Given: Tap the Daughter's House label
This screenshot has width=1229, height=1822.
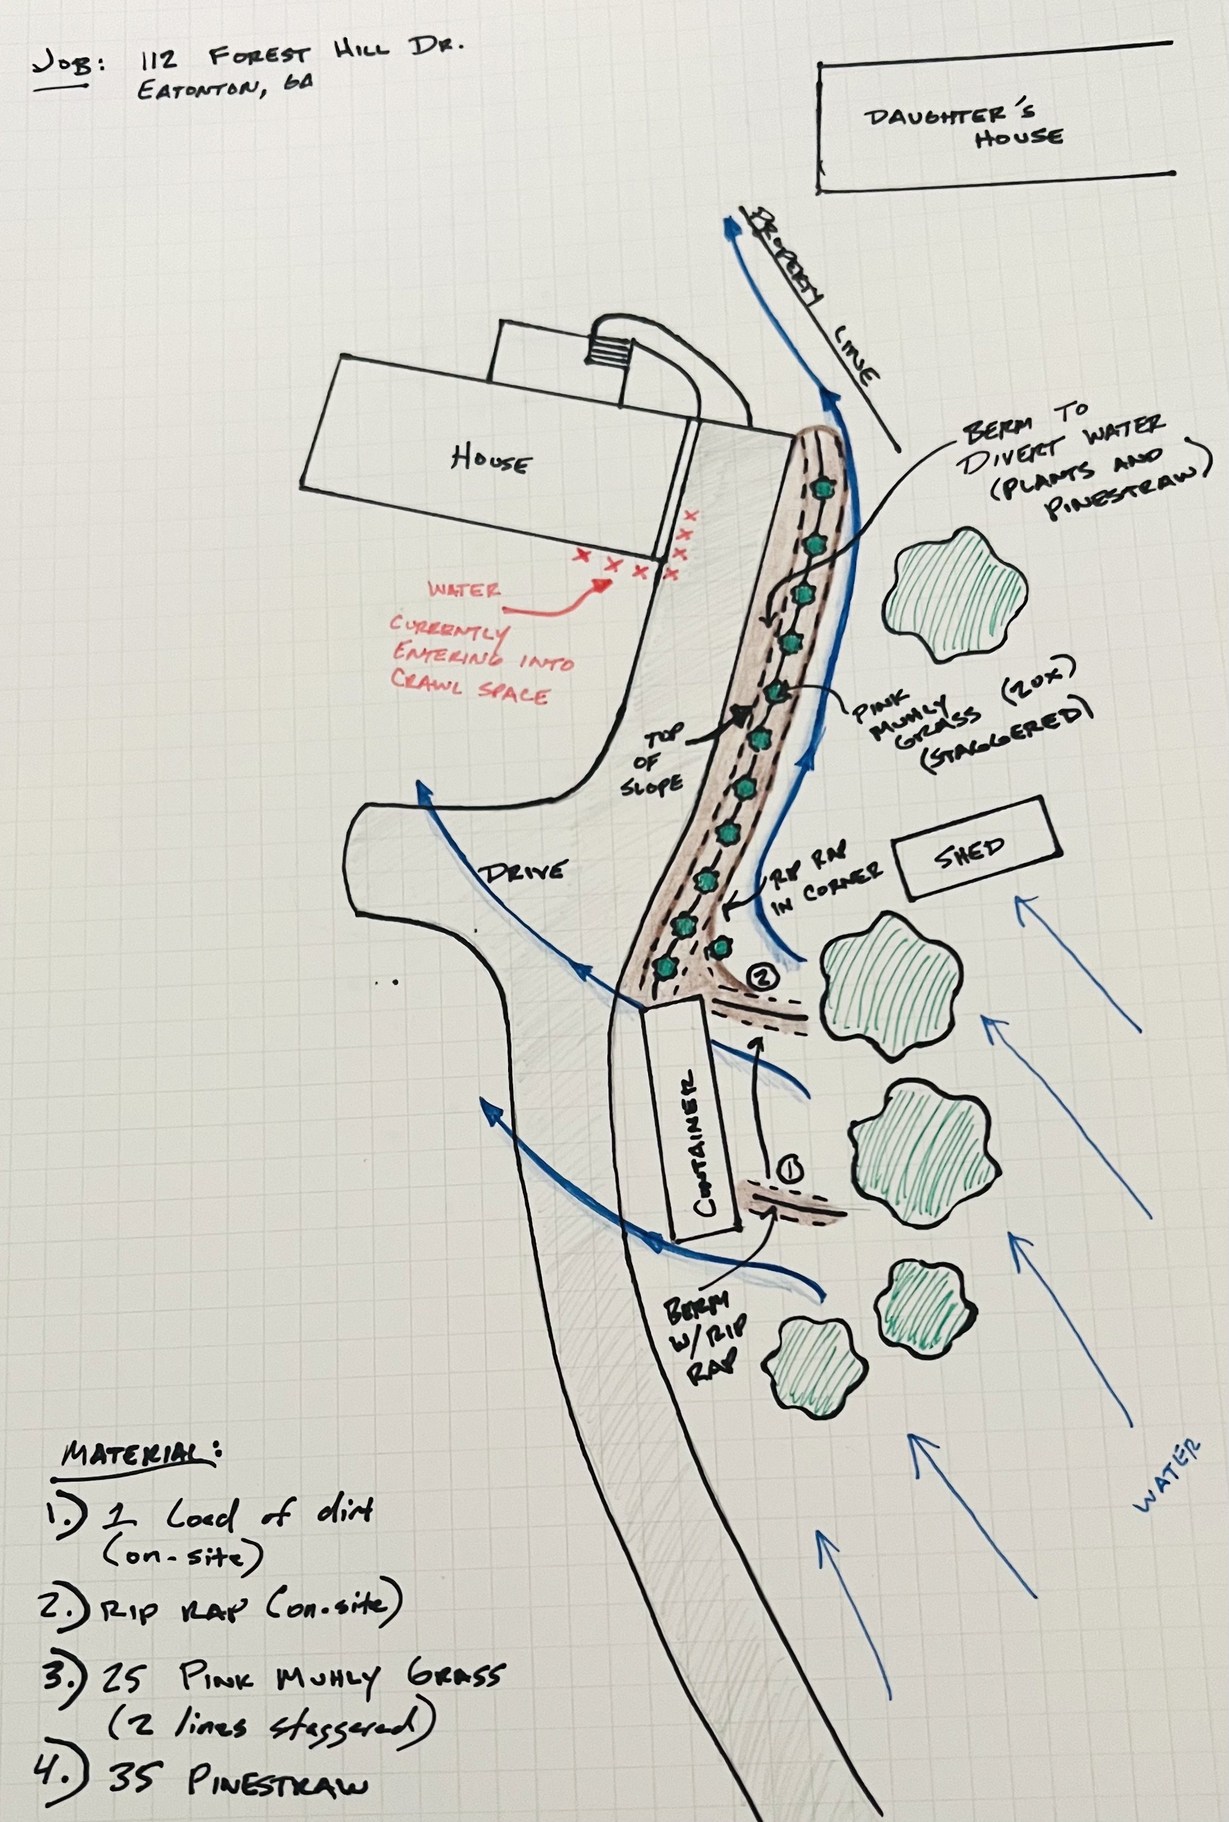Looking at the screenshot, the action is click(964, 125).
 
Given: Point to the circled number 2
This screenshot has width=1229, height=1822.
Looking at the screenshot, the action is click(763, 976).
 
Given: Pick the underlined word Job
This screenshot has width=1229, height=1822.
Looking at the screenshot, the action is click(67, 63).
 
